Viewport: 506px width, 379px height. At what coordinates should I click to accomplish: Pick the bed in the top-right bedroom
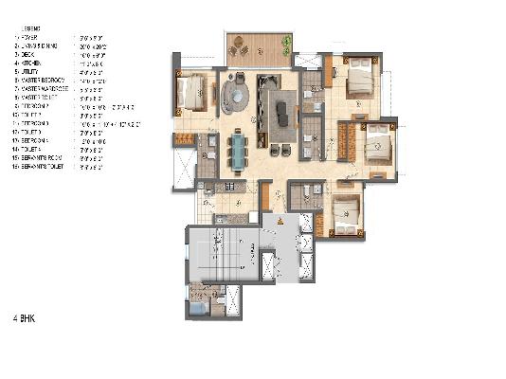[361, 80]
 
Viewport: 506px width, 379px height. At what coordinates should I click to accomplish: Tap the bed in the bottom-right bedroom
[348, 216]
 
